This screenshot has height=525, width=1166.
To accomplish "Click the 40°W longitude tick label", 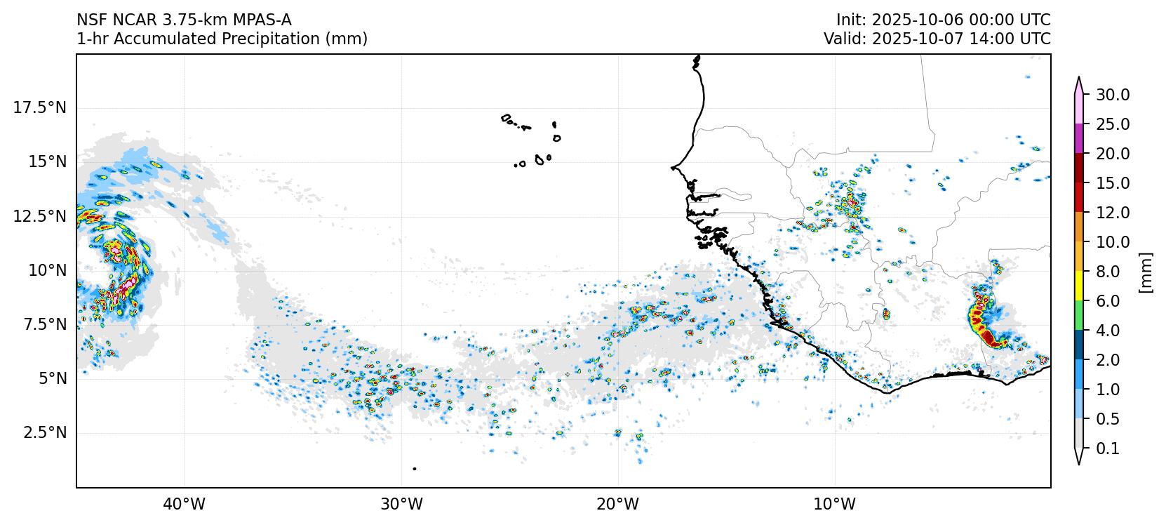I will (185, 504).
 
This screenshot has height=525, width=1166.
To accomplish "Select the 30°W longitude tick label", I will (401, 504).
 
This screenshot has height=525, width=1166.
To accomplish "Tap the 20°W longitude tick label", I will (618, 504).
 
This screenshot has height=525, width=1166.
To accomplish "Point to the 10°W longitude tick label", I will (835, 504).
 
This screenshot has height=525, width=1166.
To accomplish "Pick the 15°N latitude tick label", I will (47, 161).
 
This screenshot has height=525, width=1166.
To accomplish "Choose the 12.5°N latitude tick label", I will (40, 215).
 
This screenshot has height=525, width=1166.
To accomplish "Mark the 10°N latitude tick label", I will (47, 270).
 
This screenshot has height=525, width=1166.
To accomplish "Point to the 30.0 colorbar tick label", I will (1113, 95).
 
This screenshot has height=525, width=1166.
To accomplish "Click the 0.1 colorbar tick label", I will (1108, 448).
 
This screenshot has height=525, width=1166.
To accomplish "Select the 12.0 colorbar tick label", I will (1113, 213).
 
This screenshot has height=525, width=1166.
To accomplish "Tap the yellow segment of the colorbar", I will (1079, 286).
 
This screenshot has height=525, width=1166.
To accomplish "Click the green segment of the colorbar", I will (1079, 316).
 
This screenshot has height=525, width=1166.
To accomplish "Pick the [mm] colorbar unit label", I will (1146, 272).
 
